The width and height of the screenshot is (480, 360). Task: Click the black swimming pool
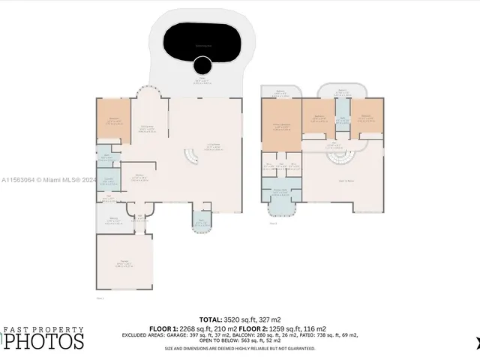pos(203,45)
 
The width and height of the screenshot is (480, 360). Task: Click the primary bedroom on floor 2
pos(280,125)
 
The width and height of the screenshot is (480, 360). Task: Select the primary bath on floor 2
pos(280,191)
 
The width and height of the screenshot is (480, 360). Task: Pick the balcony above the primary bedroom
pos(281,92)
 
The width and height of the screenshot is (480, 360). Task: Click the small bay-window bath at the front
pos(202,223)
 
